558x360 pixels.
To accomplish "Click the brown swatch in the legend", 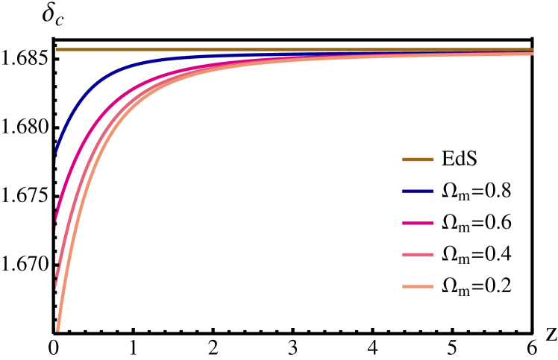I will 417,160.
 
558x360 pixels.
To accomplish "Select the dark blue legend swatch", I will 417,192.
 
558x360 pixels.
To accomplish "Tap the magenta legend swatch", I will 417,223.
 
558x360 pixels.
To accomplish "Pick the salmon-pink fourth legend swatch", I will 417,255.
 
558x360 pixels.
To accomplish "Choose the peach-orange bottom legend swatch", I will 417,287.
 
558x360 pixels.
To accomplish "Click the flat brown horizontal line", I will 298,49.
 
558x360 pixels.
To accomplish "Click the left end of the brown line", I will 56,49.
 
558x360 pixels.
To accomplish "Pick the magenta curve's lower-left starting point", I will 57,208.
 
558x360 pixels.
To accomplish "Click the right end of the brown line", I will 533,49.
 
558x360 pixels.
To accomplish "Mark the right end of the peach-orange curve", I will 533,54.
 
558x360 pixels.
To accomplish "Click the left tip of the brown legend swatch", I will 403,160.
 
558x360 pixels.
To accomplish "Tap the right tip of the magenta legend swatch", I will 433,223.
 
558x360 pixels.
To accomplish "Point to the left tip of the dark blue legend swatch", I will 403,192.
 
